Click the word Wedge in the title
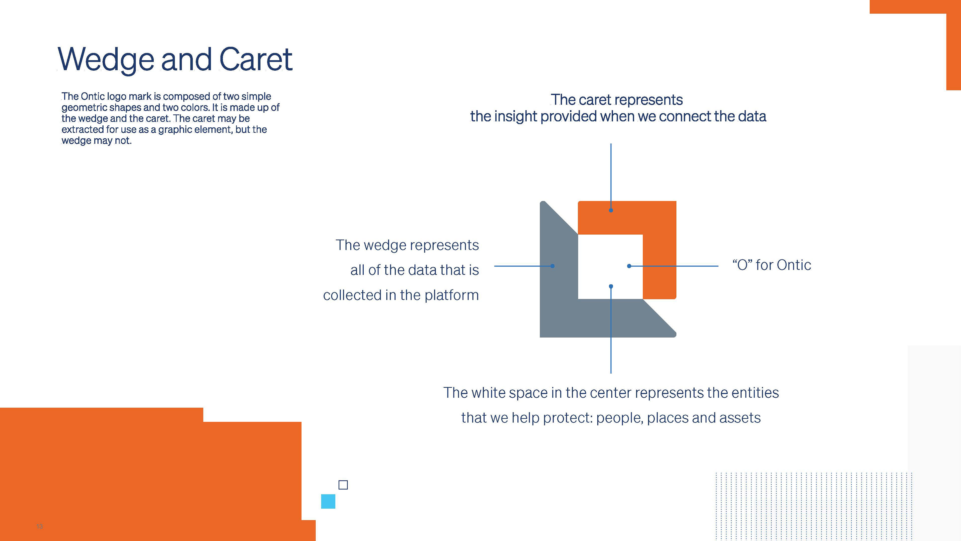[x=106, y=60]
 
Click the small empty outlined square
[x=343, y=485]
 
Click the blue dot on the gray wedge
[x=553, y=266]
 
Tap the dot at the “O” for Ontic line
[x=629, y=266]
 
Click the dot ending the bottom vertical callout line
[x=611, y=287]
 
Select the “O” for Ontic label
[x=772, y=265]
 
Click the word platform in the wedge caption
[x=451, y=295]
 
